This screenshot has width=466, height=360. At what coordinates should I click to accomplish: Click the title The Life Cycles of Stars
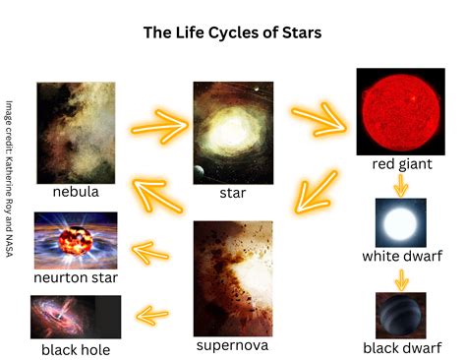tap(232, 32)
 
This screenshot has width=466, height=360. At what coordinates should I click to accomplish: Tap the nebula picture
tap(76, 133)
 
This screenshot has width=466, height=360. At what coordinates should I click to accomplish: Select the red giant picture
tap(401, 111)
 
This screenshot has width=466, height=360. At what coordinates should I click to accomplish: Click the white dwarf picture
tap(401, 222)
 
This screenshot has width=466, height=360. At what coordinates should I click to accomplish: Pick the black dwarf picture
tap(401, 316)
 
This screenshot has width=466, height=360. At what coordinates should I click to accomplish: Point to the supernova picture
tap(233, 278)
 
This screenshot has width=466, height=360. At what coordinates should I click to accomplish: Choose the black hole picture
tap(76, 317)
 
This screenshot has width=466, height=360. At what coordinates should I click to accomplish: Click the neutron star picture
tap(76, 241)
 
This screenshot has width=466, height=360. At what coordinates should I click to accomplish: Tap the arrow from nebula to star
tap(160, 127)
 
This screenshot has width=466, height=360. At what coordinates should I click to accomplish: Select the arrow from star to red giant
tap(319, 119)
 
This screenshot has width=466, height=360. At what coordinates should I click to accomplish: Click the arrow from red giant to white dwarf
tap(401, 186)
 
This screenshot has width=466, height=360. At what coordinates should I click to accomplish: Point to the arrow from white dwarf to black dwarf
tap(401, 280)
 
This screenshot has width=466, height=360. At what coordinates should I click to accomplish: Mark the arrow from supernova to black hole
tap(152, 316)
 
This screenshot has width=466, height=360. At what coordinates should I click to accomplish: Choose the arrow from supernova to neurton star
tap(150, 253)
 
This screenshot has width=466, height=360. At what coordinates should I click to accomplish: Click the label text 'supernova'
tap(232, 345)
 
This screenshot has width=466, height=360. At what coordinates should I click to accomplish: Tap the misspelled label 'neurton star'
tap(76, 277)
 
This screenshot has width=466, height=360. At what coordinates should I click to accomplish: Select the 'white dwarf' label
tap(402, 256)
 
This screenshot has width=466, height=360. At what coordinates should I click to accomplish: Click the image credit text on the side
tap(10, 179)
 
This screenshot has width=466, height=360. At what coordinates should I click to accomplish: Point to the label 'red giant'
tap(402, 164)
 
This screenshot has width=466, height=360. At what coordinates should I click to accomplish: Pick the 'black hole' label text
tap(76, 350)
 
